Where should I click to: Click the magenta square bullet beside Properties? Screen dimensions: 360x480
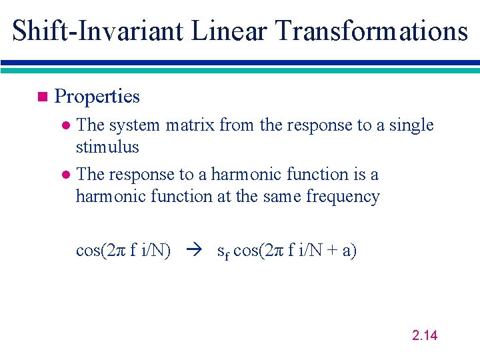tap(42, 97)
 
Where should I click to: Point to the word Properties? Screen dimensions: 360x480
tap(97, 97)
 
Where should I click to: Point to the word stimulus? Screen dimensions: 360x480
tap(107, 147)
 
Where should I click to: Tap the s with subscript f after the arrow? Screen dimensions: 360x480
tap(223, 252)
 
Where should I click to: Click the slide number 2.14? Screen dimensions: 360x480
tap(425, 335)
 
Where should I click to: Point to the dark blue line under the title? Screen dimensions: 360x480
tap(240, 63)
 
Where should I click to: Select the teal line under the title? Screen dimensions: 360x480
tap(240, 70)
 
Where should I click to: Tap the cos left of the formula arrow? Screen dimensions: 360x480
tap(87, 251)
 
